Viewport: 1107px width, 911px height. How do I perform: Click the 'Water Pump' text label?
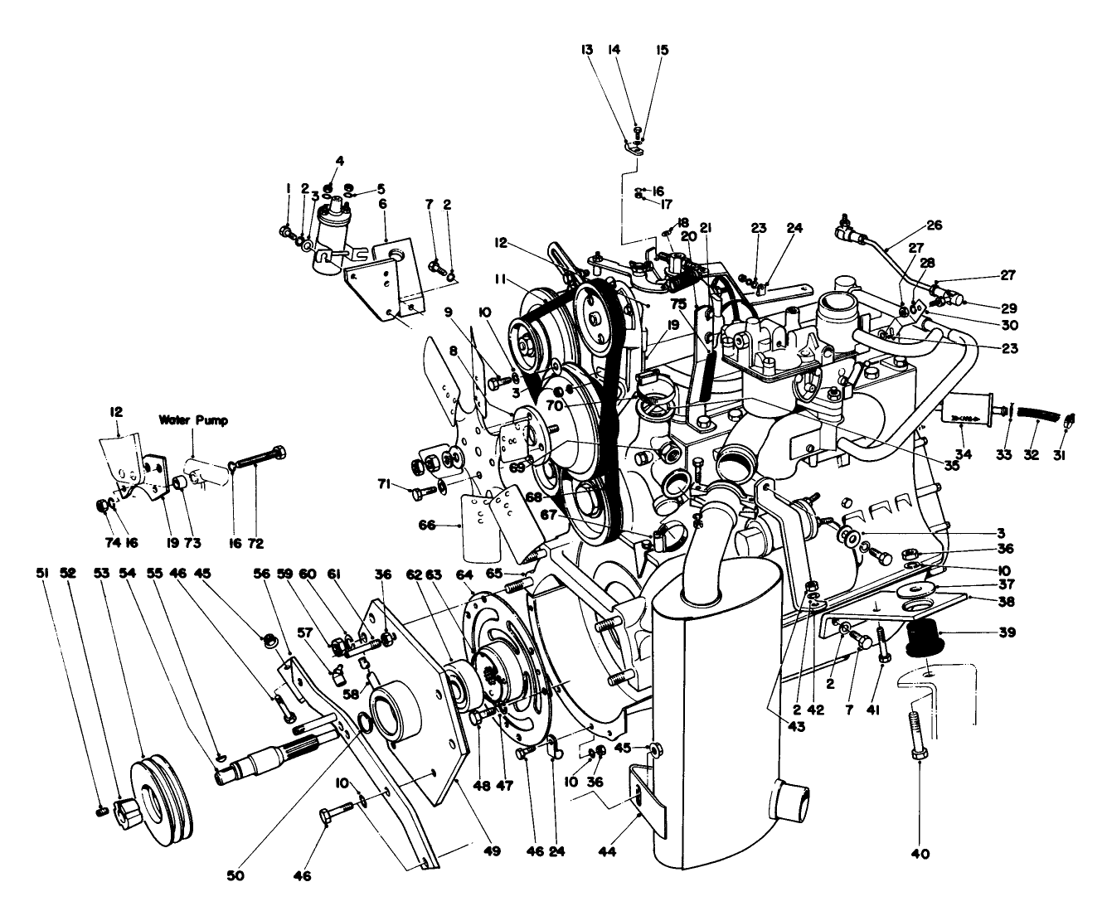tap(193, 419)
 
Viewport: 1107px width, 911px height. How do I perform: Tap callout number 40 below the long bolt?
tap(920, 852)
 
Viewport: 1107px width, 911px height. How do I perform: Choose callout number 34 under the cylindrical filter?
tap(963, 453)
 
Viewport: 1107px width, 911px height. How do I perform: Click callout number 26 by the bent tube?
tap(934, 225)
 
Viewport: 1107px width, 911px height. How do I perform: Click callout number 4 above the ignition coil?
tap(340, 161)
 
